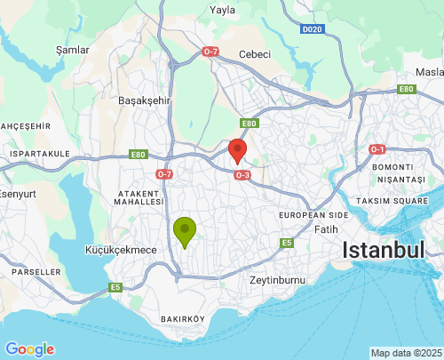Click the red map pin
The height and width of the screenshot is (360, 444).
[237, 149]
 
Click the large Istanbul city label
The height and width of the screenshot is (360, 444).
[384, 251]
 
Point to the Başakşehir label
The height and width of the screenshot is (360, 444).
[144, 101]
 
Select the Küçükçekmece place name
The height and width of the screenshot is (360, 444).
[120, 250]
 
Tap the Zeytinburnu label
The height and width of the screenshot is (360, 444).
[278, 280]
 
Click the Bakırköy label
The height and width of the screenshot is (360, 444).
[183, 318]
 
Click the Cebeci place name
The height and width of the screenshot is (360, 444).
[254, 55]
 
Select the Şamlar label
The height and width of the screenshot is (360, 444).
[73, 51]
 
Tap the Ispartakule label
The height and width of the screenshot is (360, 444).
[39, 154]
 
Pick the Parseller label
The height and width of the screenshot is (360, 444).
[31, 271]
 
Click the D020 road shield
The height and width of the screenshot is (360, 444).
[311, 29]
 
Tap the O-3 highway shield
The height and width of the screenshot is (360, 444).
[242, 175]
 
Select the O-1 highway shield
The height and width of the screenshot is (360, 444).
[377, 148]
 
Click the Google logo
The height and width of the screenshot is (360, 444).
[29, 349]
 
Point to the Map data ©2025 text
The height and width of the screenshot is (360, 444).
[406, 353]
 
